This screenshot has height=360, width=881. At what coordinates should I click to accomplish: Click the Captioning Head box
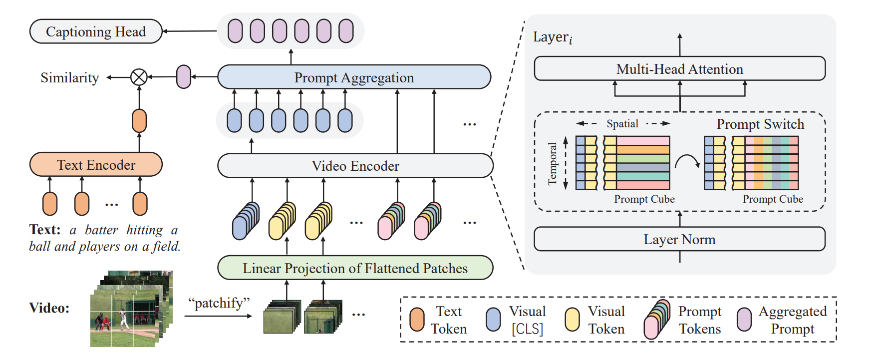(96, 31)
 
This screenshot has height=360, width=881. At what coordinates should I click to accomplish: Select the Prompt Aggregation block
(354, 77)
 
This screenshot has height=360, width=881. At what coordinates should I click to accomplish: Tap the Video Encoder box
(355, 166)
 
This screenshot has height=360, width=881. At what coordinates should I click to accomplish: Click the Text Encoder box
(96, 165)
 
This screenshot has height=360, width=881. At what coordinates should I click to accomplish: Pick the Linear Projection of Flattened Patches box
(355, 268)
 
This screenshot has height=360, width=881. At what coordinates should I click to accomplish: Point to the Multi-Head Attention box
(679, 69)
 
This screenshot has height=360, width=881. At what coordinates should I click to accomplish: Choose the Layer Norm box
(679, 239)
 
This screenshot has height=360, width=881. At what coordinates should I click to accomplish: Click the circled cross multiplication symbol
(139, 77)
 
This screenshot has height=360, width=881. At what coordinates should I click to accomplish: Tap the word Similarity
(69, 78)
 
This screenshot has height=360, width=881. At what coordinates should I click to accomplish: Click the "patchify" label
(219, 303)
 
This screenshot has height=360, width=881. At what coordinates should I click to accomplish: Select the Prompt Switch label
(760, 124)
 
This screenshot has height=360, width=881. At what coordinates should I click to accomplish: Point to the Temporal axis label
(552, 164)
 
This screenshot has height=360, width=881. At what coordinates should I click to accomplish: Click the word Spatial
(622, 124)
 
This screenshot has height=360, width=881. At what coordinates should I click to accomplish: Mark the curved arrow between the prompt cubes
(687, 161)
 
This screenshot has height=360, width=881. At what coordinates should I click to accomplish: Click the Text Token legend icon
(417, 320)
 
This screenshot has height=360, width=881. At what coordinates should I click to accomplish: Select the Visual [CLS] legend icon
(493, 320)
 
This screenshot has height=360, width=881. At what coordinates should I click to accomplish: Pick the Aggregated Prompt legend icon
(744, 320)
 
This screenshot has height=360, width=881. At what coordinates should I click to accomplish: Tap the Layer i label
(553, 37)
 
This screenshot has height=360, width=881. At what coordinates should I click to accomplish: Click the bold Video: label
(49, 308)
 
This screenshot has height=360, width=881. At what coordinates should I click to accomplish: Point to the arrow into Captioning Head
(190, 31)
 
